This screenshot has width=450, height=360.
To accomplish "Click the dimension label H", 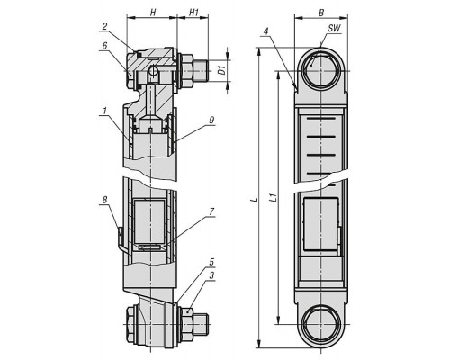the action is pyautogui.click(x=153, y=12).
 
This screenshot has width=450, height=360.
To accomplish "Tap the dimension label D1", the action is pyautogui.click(x=222, y=71).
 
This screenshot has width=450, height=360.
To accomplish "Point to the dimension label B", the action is pyautogui.click(x=321, y=13).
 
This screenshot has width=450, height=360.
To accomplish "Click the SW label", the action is pyautogui.click(x=334, y=29).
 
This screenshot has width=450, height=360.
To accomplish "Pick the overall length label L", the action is pyautogui.click(x=256, y=199).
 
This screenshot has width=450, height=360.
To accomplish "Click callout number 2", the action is pyautogui.click(x=104, y=26).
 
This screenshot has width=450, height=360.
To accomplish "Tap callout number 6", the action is pyautogui.click(x=104, y=46).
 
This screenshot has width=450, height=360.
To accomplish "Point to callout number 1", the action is pyautogui.click(x=104, y=112).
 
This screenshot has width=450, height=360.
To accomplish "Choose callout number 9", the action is pyautogui.click(x=211, y=120).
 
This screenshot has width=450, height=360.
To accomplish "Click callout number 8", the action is pyautogui.click(x=104, y=200).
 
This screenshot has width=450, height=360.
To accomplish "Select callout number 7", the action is pyautogui.click(x=211, y=211).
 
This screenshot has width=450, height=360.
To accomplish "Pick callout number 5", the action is pyautogui.click(x=211, y=262).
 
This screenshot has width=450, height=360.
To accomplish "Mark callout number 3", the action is pyautogui.click(x=211, y=275).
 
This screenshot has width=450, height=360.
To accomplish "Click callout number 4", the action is pyautogui.click(x=265, y=31).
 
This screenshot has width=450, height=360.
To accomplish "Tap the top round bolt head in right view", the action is pyautogui.click(x=320, y=70).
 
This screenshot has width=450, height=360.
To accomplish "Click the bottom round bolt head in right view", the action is pyautogui.click(x=320, y=325).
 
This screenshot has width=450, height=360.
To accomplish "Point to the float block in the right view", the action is pyautogui.click(x=321, y=224).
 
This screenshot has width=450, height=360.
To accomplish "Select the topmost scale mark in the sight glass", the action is pyautogui.click(x=321, y=120).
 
